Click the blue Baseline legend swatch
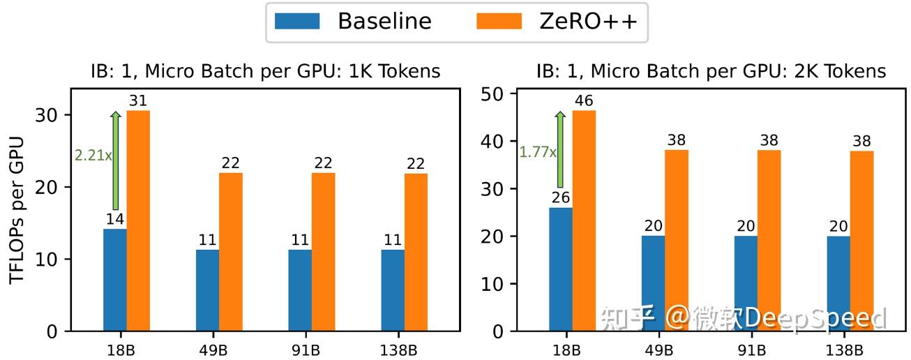click(x=297, y=21)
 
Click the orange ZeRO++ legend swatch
click(x=499, y=21)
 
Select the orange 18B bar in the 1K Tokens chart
click(x=138, y=220)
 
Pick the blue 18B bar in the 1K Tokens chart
click(x=115, y=280)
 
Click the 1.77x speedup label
click(x=537, y=151)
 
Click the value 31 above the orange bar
click(x=138, y=102)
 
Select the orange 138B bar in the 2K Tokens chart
click(x=861, y=241)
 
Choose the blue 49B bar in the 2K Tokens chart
click(x=653, y=283)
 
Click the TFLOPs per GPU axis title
click(x=17, y=210)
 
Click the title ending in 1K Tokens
click(x=266, y=71)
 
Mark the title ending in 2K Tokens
click(x=711, y=71)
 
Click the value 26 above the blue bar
click(x=561, y=198)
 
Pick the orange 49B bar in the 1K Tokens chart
click(x=230, y=252)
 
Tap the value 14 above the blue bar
click(x=115, y=219)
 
